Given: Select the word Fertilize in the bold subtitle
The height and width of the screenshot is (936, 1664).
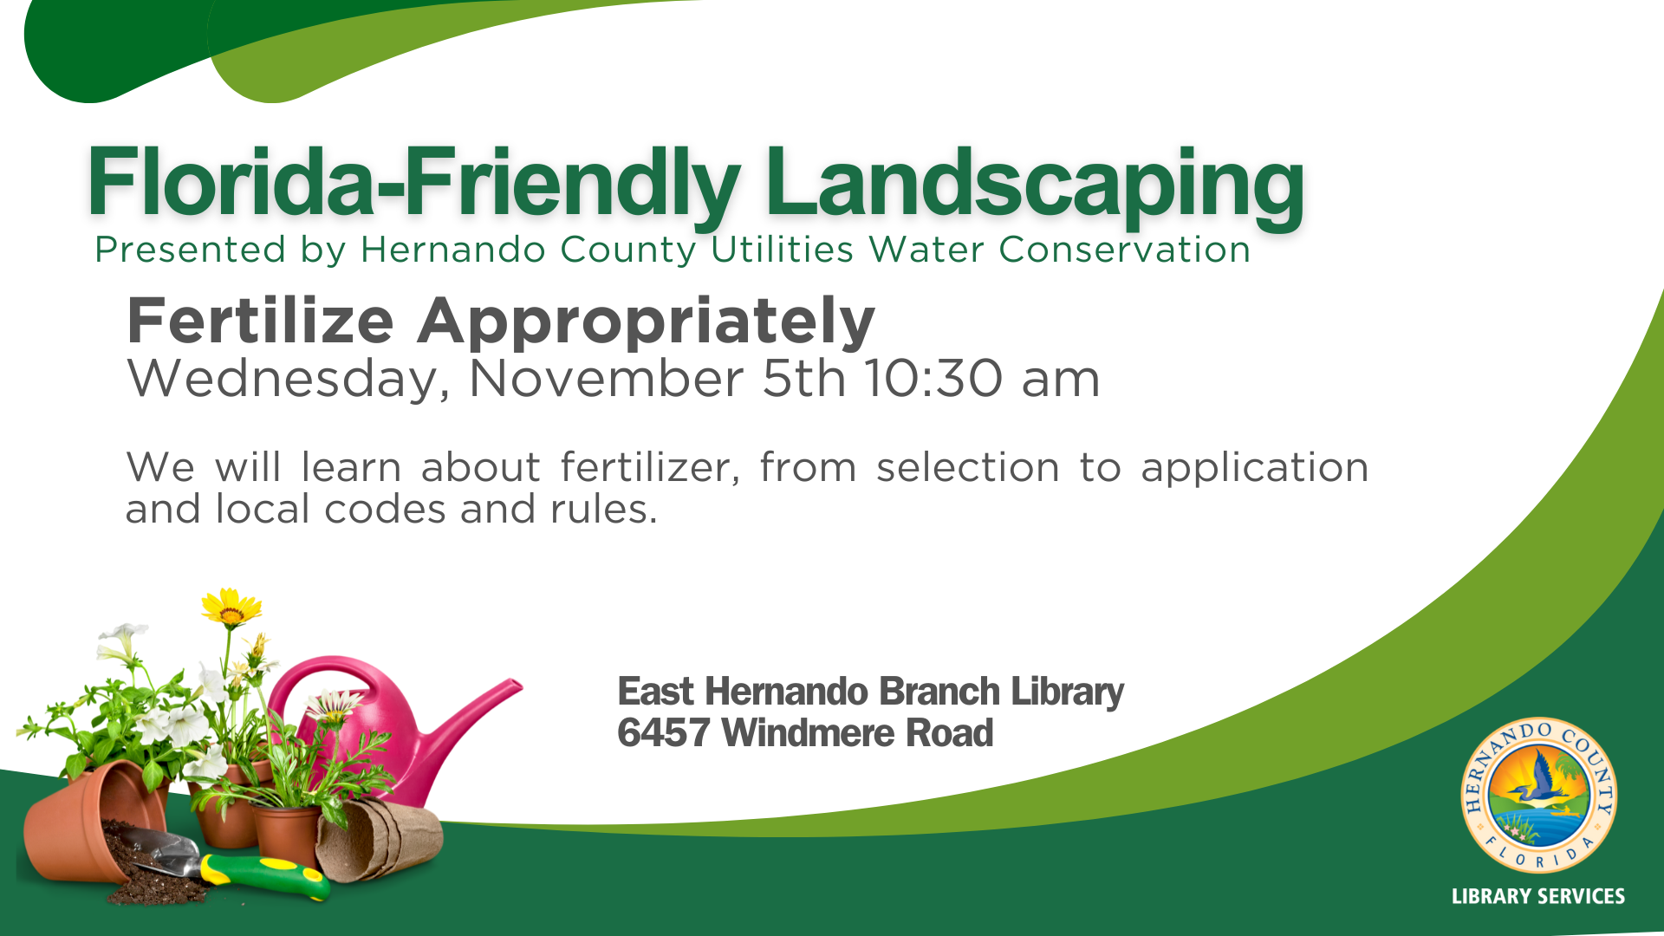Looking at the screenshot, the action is [x=261, y=321].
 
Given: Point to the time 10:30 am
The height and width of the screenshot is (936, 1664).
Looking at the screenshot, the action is [x=983, y=379].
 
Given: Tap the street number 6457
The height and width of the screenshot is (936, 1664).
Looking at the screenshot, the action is [x=664, y=733].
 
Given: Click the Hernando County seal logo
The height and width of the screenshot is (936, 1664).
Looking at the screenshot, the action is [x=1538, y=795].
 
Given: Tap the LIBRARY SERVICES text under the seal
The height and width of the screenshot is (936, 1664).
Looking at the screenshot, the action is [x=1538, y=897].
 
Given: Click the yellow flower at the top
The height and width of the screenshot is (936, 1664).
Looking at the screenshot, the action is [x=231, y=607].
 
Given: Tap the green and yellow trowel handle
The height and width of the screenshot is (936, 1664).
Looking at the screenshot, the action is [x=265, y=874].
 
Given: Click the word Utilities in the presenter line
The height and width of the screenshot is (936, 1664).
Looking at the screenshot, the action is [x=782, y=250].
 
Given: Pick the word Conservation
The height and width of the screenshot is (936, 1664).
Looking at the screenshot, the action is [x=1124, y=250].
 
